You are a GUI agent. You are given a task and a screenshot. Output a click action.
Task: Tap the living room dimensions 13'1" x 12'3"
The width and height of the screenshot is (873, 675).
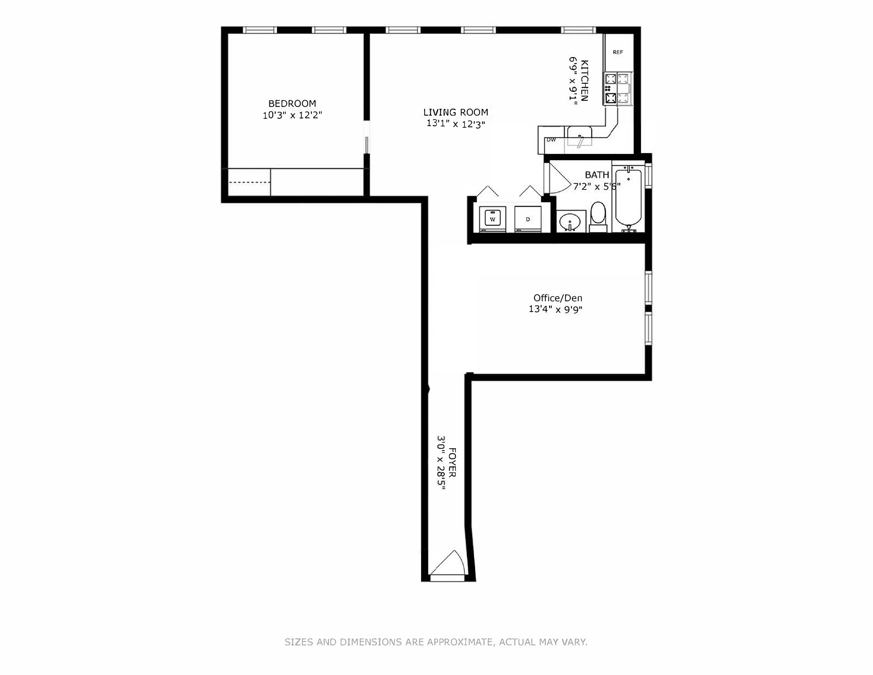tap(456, 124)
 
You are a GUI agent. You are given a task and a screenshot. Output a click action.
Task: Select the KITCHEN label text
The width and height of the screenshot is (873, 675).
tap(584, 80)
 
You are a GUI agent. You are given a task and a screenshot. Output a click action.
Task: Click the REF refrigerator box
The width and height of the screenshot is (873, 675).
tap(618, 52)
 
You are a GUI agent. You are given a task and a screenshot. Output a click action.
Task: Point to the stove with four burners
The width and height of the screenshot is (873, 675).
tap(618, 89)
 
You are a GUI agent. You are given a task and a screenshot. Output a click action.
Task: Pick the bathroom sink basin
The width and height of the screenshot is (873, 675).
tap(570, 222)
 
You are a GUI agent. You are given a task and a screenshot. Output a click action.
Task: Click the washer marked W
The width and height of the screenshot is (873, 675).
tap(492, 219)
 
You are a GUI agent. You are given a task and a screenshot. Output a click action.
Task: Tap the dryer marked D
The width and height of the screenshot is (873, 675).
tap(528, 219)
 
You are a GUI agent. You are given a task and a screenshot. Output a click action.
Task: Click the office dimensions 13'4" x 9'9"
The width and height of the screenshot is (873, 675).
tap(556, 309)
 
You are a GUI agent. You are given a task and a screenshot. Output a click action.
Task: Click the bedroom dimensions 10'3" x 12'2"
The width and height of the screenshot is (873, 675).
tap(292, 115)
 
